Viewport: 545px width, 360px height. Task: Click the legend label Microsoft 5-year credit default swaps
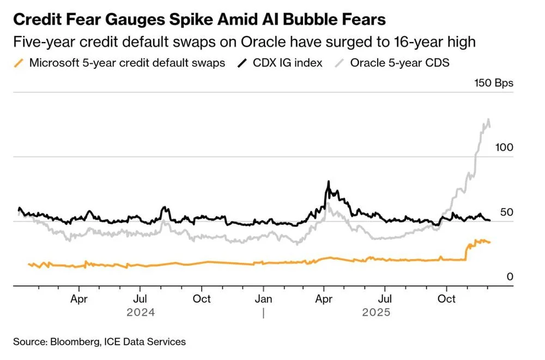[127, 63]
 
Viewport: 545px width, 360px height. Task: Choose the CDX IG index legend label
[288, 63]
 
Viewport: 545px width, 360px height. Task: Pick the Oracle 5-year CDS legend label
[399, 63]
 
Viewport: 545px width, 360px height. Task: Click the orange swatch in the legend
[19, 63]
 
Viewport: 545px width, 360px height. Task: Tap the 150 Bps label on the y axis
[493, 83]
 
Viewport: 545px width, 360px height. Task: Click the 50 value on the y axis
[507, 212]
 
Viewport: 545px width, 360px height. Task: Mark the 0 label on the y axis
[510, 277]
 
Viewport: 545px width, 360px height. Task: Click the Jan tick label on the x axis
[264, 299]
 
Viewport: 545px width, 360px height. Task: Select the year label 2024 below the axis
[141, 313]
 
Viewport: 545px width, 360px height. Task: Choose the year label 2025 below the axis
[376, 313]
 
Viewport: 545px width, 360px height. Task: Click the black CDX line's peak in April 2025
[328, 182]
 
